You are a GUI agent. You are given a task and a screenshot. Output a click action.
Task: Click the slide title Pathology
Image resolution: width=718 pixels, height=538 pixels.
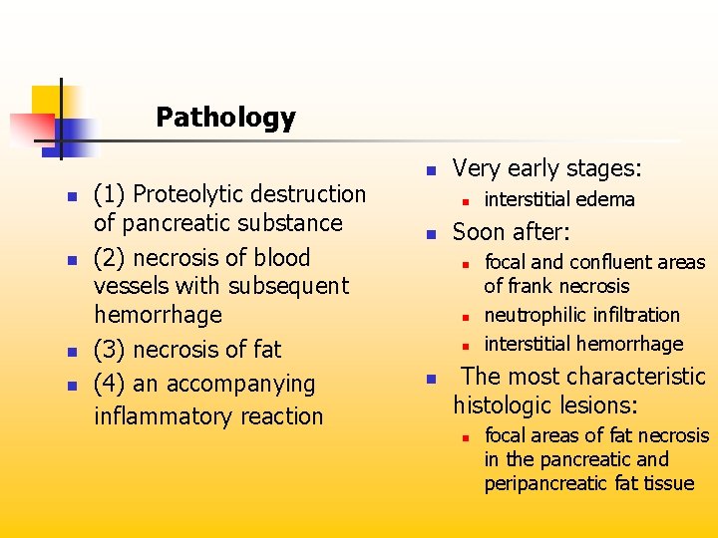point(225,118)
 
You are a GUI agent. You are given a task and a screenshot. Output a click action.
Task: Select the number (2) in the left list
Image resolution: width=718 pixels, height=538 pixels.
point(110,257)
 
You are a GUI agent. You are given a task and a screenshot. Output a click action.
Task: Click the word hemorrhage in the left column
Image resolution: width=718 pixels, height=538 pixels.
point(158,315)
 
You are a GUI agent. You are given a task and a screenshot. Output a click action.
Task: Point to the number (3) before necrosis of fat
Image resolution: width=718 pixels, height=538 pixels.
point(110,350)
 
